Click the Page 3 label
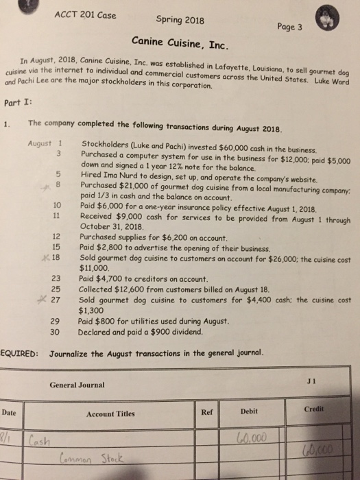point(293,23)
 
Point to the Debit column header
point(251,412)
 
